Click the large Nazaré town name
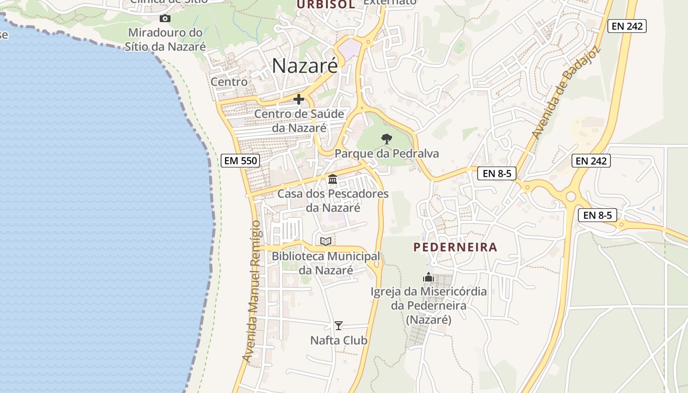tap(305, 66)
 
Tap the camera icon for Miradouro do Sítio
tap(165, 19)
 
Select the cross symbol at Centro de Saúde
tap(298, 99)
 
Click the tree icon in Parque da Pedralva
tap(387, 139)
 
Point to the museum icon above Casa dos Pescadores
tap(333, 179)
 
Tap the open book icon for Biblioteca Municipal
tap(325, 241)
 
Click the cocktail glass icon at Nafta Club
tap(339, 325)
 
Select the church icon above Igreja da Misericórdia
tap(429, 278)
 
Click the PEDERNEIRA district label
tap(456, 247)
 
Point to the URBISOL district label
tap(325, 4)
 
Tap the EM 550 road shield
tap(240, 160)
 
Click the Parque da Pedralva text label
tap(387, 154)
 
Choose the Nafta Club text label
tap(339, 340)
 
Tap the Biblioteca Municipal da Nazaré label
tap(326, 263)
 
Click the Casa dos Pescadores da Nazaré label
tap(333, 200)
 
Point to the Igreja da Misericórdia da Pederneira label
tap(429, 305)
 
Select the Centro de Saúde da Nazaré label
tap(299, 121)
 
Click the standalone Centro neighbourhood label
tap(229, 82)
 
